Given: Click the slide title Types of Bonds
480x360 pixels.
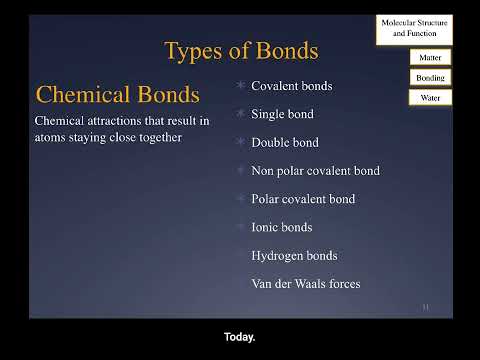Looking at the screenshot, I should (x=240, y=50).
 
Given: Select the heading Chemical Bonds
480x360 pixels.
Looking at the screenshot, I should (x=117, y=95).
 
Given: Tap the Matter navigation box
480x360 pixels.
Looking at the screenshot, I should (x=430, y=58).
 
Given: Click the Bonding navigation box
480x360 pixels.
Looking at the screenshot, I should (x=430, y=77).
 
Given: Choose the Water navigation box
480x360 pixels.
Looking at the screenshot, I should (x=430, y=97).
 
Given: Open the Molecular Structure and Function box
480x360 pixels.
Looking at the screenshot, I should (x=415, y=28).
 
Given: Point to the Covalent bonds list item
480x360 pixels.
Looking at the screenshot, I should (x=291, y=86).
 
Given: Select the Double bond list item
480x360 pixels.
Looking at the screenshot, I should (x=285, y=142).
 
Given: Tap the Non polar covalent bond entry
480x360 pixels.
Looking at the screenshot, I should (x=315, y=171).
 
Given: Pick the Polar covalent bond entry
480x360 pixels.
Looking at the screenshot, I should (x=303, y=199).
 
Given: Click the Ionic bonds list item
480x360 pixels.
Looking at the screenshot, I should (x=282, y=227).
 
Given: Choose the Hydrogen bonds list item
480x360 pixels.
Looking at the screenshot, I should (x=294, y=255).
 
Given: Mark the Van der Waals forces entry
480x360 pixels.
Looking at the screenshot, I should (x=305, y=284).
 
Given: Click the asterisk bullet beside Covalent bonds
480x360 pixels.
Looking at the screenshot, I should (x=240, y=86).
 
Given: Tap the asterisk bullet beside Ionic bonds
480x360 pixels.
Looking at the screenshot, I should (x=240, y=227).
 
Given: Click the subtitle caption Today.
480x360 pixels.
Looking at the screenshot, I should (x=240, y=337).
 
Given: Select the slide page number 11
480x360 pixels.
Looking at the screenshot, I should (x=425, y=306).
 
